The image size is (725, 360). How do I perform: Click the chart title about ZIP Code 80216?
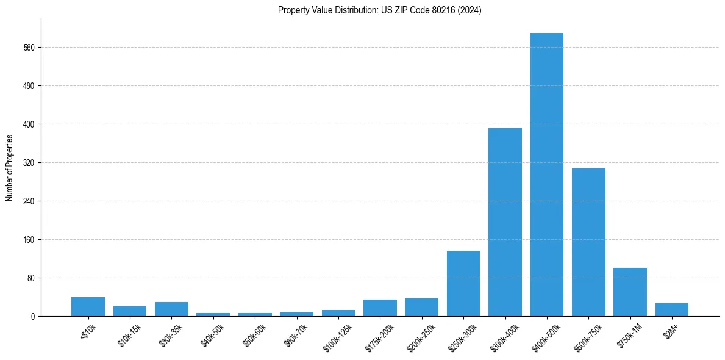379,10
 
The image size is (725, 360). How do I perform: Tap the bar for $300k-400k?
505,222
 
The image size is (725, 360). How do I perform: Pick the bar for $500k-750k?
588,242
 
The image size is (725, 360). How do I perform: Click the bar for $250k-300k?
463,283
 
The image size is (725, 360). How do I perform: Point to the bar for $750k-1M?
630,292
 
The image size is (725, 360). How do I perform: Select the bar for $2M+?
671,309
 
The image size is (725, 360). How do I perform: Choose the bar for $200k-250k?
421,307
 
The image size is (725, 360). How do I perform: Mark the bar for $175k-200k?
380,308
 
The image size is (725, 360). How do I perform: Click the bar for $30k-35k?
171,309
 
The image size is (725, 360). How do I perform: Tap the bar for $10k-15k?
130,311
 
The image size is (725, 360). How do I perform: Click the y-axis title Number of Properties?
10,167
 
